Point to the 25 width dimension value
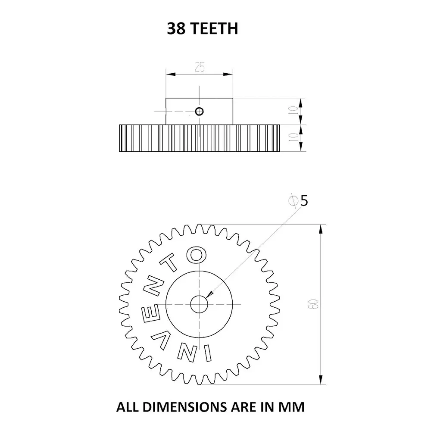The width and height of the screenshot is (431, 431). tap(200, 67)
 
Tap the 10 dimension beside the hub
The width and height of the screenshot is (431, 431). tap(293, 111)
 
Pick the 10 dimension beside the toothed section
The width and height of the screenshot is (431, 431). tap(293, 138)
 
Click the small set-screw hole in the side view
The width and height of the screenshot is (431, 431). tap(199, 112)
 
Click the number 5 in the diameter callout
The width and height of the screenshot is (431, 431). tap(304, 201)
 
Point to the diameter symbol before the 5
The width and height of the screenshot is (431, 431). tap(294, 201)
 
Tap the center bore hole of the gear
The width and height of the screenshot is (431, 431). tap(199, 304)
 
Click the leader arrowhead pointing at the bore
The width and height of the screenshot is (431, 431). tap(210, 294)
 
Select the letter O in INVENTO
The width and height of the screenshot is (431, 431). tap(196, 254)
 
